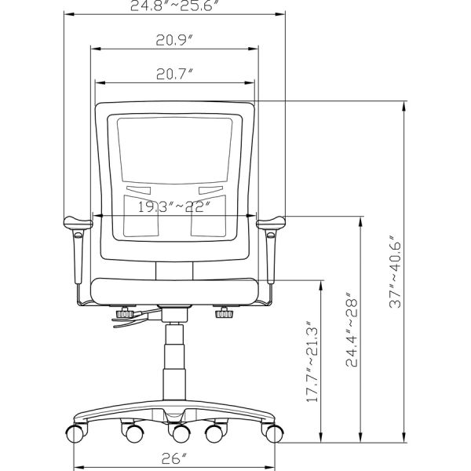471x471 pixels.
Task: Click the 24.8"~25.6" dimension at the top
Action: coord(174,5)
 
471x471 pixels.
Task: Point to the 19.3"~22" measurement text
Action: coord(174,208)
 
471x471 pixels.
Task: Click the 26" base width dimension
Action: coord(174,458)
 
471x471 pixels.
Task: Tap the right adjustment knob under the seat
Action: coord(225,314)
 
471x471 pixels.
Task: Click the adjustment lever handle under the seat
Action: coord(130,321)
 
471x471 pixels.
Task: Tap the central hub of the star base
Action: coord(174,415)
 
